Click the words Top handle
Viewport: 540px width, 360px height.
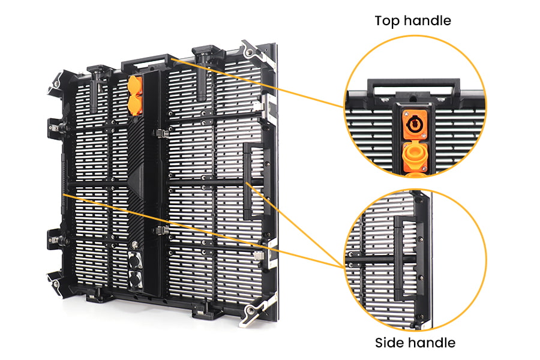tap(412, 20)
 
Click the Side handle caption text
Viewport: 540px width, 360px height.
tap(415, 343)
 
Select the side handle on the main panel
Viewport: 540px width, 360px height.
tap(253, 181)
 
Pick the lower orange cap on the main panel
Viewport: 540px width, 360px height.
tap(136, 106)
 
